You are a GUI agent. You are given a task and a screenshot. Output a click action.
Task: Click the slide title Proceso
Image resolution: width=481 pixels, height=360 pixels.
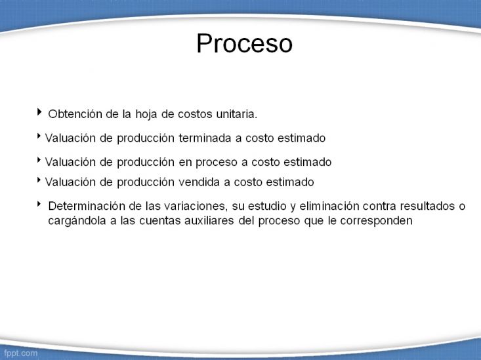[245, 43]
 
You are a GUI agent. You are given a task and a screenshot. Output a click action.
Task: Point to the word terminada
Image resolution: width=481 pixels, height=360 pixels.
[205, 138]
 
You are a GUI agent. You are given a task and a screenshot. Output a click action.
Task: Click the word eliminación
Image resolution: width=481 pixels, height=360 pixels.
[329, 206]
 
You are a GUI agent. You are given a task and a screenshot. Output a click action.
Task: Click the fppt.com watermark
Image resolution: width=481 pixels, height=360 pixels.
[20, 353]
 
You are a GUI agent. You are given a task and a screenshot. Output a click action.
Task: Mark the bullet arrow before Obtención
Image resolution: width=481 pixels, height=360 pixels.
[39, 111]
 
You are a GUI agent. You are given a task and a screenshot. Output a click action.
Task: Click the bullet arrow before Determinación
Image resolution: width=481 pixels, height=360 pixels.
[39, 204]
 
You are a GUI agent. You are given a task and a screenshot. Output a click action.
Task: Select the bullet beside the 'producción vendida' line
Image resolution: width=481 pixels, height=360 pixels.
[39, 180]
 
